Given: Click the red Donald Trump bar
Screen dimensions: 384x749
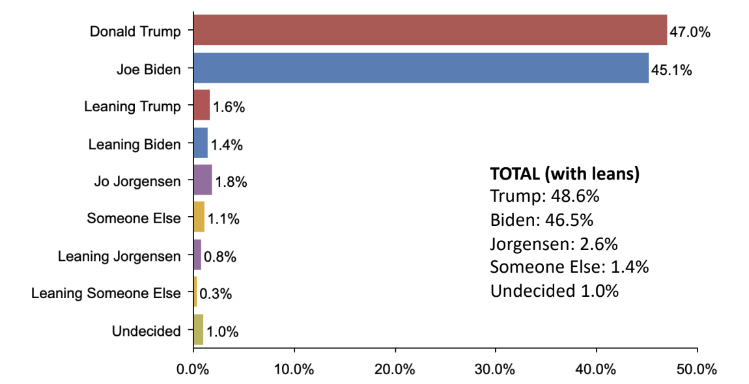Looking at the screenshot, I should pyautogui.click(x=430, y=30).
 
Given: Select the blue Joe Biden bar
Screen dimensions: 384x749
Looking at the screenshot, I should pyautogui.click(x=421, y=68).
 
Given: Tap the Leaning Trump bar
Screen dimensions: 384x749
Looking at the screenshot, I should pyautogui.click(x=202, y=106).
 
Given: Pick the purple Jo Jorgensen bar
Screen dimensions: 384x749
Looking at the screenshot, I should pyautogui.click(x=203, y=181).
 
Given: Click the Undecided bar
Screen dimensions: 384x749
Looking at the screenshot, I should pyautogui.click(x=199, y=330).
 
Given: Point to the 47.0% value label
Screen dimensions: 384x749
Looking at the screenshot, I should pyautogui.click(x=690, y=32).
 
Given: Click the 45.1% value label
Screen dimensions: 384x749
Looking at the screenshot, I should pyautogui.click(x=671, y=69).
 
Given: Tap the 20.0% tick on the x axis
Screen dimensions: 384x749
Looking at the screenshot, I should pyautogui.click(x=395, y=369).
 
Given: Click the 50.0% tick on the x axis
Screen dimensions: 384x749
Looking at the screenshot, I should pyautogui.click(x=697, y=369).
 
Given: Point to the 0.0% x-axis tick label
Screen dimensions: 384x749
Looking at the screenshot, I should pyautogui.click(x=193, y=369).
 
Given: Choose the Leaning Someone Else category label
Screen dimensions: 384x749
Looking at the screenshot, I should pyautogui.click(x=106, y=294).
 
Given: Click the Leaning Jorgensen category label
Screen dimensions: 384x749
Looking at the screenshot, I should pyautogui.click(x=119, y=256).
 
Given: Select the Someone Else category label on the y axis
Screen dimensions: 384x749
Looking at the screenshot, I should pyautogui.click(x=134, y=219).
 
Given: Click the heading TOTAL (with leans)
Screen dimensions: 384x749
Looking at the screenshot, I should pyautogui.click(x=564, y=174).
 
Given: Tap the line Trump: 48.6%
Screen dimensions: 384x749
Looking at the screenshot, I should pyautogui.click(x=544, y=197).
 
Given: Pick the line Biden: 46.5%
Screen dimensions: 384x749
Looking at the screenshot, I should pyautogui.click(x=542, y=220).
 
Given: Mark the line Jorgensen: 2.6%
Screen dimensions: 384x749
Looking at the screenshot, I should pyautogui.click(x=554, y=243).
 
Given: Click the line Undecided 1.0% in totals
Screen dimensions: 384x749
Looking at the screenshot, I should pyautogui.click(x=554, y=290).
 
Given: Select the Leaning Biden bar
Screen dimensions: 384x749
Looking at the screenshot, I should pyautogui.click(x=201, y=143).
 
